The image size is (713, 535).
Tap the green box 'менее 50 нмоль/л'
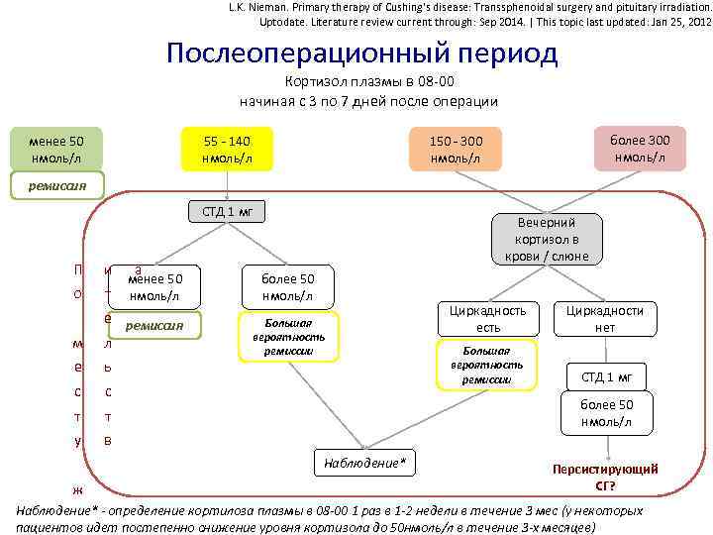55,150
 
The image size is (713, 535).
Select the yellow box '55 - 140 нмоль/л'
227,150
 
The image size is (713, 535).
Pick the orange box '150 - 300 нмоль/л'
456,150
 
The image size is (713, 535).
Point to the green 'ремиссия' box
58,184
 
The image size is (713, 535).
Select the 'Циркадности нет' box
605,319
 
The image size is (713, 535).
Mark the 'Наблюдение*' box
365,463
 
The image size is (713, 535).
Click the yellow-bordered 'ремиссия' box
154,325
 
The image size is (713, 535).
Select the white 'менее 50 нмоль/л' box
156,287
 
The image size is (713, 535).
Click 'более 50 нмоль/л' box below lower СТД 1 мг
606,413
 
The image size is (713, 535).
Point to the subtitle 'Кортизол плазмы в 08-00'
368,82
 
